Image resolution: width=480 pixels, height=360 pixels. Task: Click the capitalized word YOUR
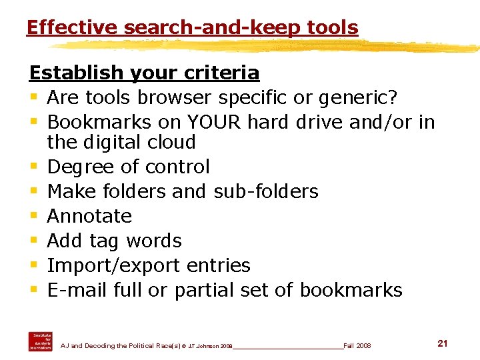pos(217,122)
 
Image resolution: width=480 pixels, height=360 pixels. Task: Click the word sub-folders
pos(266,191)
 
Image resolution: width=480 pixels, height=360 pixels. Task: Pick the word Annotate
pos(89,216)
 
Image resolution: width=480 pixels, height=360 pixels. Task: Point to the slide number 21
pos(442,343)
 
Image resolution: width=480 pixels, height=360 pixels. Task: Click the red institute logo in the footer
pos(40,341)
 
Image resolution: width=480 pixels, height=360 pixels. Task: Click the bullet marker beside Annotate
pos(33,216)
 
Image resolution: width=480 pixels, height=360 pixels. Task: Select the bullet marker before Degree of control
pos(33,167)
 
